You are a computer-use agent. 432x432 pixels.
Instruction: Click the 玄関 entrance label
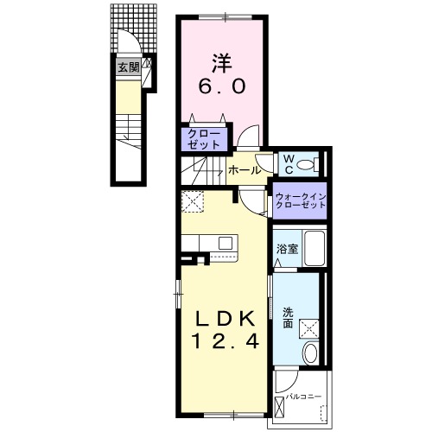click(129, 68)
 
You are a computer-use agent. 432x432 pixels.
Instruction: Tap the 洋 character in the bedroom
click(222, 63)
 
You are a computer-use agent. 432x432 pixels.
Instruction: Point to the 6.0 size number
click(222, 86)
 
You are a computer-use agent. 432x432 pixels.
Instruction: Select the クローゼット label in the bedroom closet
click(204, 139)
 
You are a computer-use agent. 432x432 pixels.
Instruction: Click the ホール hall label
click(245, 170)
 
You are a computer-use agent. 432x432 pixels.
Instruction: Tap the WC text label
click(289, 164)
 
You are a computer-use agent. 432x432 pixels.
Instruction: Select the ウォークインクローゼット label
click(301, 201)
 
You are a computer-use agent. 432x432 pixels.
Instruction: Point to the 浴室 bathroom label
click(287, 249)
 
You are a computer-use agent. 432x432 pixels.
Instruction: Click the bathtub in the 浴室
click(314, 248)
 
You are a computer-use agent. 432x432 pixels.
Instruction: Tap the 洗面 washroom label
click(288, 318)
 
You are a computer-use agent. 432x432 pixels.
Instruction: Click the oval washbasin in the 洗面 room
click(310, 353)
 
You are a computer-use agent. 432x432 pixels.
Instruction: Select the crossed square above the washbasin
click(309, 329)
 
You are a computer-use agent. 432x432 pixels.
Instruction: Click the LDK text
click(226, 319)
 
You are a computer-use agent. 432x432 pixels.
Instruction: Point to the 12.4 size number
click(226, 342)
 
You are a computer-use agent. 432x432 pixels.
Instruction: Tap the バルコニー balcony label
click(303, 397)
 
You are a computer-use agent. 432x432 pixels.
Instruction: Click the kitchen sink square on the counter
click(226, 243)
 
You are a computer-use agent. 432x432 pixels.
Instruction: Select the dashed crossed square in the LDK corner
click(193, 201)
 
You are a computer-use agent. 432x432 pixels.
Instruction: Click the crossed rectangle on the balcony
click(279, 407)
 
